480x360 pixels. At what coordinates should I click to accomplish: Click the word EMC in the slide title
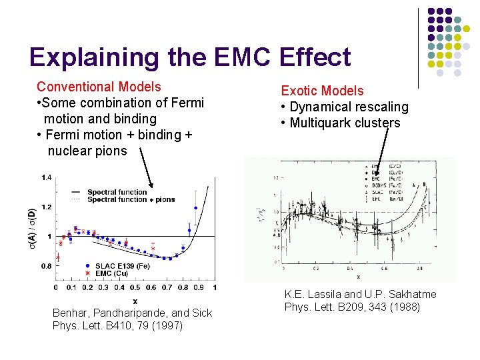[241, 57]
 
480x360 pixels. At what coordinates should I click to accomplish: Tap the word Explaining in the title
[95, 57]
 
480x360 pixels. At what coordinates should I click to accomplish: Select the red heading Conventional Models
[99, 87]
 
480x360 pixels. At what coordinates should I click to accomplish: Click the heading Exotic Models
[322, 91]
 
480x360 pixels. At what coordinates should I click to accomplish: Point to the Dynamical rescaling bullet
[345, 107]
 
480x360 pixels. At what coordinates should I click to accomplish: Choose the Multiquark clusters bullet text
[341, 123]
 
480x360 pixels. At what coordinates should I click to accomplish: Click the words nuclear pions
[87, 151]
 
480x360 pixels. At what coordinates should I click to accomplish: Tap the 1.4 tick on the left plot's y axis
[47, 177]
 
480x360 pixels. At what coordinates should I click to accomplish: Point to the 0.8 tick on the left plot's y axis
[47, 266]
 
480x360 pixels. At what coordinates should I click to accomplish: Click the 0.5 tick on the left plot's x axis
[135, 288]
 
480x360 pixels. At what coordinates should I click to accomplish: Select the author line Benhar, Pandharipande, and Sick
[132, 313]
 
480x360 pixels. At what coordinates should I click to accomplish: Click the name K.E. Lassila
[311, 294]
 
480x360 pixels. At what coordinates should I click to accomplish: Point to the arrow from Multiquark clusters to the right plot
[380, 150]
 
